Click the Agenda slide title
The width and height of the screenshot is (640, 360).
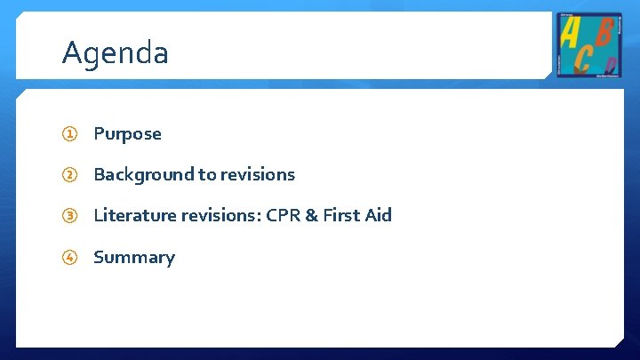coord(115,53)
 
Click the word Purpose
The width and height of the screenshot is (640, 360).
coord(127,134)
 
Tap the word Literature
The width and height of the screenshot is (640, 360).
coord(131,216)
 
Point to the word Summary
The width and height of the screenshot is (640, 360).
coord(133,258)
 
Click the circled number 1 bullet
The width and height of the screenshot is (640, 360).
coord(69,134)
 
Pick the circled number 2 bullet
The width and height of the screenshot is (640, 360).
coord(69,175)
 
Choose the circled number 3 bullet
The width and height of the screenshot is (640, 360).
coord(69,216)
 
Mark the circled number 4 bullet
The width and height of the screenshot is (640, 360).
coord(69,258)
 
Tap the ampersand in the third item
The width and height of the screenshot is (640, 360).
coord(311,216)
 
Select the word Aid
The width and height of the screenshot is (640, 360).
coord(376,216)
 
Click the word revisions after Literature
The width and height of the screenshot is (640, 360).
coord(213,216)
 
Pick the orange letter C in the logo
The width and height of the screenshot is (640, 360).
coord(582,58)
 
